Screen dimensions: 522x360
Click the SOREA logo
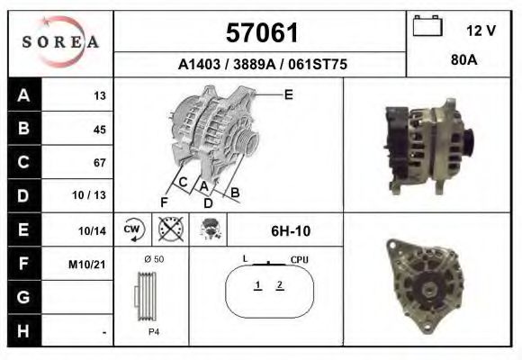tap(60, 42)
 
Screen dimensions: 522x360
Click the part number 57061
tap(262, 33)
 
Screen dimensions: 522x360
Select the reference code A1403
tap(199, 64)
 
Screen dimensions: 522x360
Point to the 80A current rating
tap(464, 60)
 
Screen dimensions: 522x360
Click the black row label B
tap(24, 128)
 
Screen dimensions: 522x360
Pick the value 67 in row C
tap(100, 163)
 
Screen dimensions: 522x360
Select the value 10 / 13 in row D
tap(89, 195)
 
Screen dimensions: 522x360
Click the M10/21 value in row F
tap(87, 265)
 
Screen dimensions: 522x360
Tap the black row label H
tap(24, 330)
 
